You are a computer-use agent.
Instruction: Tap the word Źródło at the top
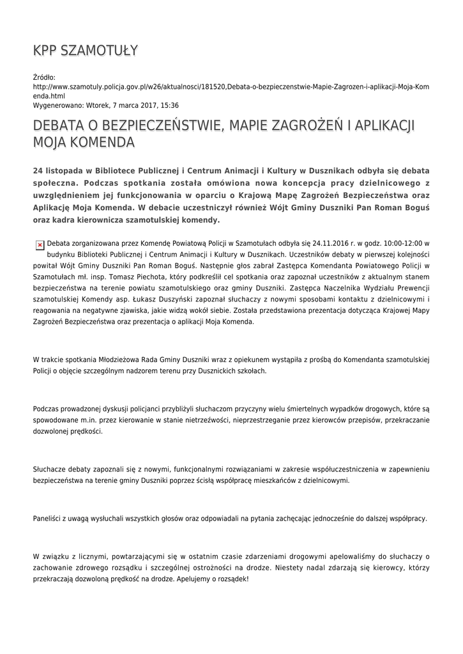pyautogui.click(x=44, y=77)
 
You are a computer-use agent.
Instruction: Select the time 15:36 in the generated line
pyautogui.click(x=169, y=105)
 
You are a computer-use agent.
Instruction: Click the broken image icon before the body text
pyautogui.click(x=40, y=244)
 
